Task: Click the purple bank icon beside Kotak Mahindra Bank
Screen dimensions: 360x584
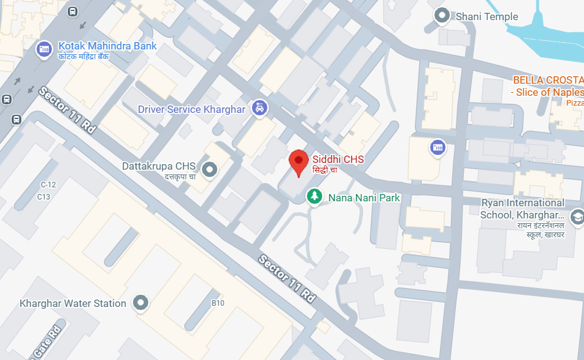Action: click(x=44, y=49)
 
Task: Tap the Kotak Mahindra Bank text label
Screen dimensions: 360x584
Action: click(x=107, y=46)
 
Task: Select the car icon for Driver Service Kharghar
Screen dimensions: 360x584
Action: click(x=260, y=109)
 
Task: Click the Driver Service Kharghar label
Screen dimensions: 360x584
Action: click(x=192, y=110)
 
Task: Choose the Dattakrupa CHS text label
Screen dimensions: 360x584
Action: click(x=158, y=166)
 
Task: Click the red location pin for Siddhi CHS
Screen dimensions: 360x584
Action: click(x=298, y=161)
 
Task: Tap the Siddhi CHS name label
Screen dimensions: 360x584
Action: click(x=337, y=159)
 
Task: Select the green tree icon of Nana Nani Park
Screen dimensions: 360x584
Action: click(x=314, y=196)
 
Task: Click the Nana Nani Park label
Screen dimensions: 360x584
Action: click(x=364, y=198)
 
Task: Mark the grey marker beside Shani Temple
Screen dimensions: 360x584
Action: click(x=441, y=16)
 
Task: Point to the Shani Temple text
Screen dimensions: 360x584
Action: click(x=487, y=16)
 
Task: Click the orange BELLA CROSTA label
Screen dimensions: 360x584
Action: click(x=547, y=80)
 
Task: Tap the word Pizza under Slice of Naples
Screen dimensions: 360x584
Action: click(x=575, y=103)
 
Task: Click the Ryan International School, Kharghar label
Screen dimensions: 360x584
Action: click(x=522, y=208)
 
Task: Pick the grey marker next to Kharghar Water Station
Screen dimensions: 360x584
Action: click(x=141, y=303)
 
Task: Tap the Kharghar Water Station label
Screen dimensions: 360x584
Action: click(x=73, y=303)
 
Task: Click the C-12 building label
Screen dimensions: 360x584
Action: click(x=48, y=184)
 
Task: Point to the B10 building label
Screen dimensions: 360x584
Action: click(x=218, y=303)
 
